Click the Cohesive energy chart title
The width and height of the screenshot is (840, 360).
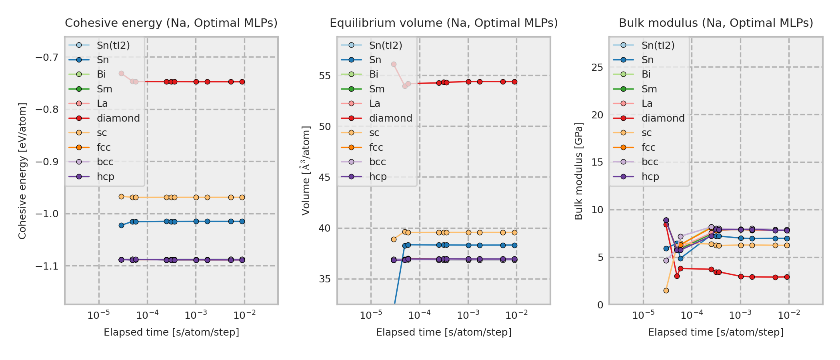click(171, 23)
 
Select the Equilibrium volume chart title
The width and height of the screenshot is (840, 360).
click(444, 23)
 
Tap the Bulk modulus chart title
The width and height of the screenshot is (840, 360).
click(716, 23)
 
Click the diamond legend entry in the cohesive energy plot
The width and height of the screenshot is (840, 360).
click(118, 118)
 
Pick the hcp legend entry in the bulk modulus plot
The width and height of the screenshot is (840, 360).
click(650, 177)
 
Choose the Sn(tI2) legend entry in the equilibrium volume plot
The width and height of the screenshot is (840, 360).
click(386, 46)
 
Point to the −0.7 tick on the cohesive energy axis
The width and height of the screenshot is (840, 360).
click(46, 57)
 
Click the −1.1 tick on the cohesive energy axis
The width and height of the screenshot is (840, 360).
click(46, 266)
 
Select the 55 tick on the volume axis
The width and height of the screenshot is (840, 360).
click(325, 76)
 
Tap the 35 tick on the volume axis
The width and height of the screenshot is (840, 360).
click(325, 279)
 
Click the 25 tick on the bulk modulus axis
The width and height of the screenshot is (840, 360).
click(597, 67)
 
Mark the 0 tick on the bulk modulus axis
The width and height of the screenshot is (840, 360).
click(600, 305)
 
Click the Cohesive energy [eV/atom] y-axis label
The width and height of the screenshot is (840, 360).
click(22, 171)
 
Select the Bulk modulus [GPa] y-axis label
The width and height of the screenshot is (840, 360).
click(579, 171)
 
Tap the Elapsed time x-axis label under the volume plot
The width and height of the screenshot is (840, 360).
click(444, 332)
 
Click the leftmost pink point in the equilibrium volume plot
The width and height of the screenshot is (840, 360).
click(394, 64)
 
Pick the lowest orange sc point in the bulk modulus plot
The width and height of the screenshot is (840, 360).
click(666, 290)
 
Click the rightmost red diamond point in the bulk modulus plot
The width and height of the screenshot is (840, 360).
click(787, 277)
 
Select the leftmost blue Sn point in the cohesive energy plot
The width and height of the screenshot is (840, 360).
click(121, 225)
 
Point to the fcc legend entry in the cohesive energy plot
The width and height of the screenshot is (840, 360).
click(104, 148)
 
